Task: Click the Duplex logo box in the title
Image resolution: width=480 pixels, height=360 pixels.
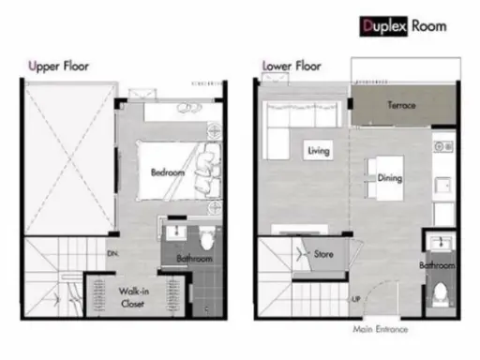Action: click(x=383, y=26)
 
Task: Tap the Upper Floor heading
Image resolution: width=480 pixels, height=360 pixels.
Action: click(x=59, y=67)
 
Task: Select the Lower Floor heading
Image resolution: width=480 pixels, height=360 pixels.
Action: click(x=292, y=66)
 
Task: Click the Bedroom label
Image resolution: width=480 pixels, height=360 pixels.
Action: click(x=168, y=172)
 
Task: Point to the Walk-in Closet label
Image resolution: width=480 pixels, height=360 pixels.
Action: click(x=133, y=297)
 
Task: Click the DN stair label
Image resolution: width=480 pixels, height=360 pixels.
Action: click(x=112, y=253)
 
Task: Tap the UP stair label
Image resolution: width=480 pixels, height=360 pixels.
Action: click(x=356, y=299)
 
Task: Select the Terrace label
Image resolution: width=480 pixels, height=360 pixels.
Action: click(x=402, y=105)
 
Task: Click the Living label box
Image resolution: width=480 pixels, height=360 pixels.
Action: click(x=319, y=151)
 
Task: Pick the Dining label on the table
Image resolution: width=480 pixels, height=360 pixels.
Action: click(x=390, y=178)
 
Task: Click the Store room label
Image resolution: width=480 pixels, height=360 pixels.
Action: click(x=323, y=254)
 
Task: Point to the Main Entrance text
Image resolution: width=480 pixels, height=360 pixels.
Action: click(x=381, y=329)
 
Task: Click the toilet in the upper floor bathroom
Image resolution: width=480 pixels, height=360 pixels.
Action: click(x=207, y=238)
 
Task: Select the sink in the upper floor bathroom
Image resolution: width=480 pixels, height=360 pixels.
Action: click(x=176, y=232)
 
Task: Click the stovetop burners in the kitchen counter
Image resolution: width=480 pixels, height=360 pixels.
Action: click(x=443, y=146)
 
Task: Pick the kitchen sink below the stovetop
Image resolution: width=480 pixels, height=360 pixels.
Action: click(x=443, y=186)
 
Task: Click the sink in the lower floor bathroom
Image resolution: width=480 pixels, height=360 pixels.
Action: click(x=441, y=243)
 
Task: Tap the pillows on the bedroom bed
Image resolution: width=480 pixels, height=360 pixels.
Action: click(x=206, y=171)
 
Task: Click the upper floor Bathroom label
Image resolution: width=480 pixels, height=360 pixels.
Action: click(x=195, y=259)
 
